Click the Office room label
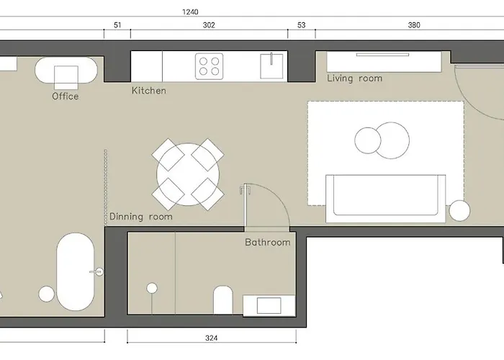66,96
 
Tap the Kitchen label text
149,91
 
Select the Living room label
354,78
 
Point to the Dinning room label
141,217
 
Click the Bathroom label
267,242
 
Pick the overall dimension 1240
190,12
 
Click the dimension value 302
209,25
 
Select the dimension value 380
414,25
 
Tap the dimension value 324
211,338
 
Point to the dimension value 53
301,25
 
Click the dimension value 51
117,25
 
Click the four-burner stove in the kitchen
210,66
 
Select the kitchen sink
271,66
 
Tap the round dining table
188,174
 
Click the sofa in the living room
386,199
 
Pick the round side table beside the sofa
459,210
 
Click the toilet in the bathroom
222,300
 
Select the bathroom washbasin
269,305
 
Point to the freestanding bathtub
76,272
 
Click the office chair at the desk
66,78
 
